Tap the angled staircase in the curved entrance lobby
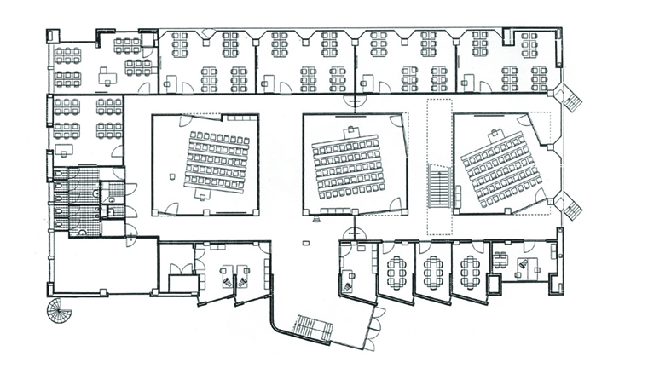(312, 325)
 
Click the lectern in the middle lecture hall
(350, 130)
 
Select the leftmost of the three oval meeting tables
(396, 271)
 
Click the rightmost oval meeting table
(468, 271)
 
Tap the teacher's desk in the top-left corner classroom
(107, 77)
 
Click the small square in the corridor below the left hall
(305, 245)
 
